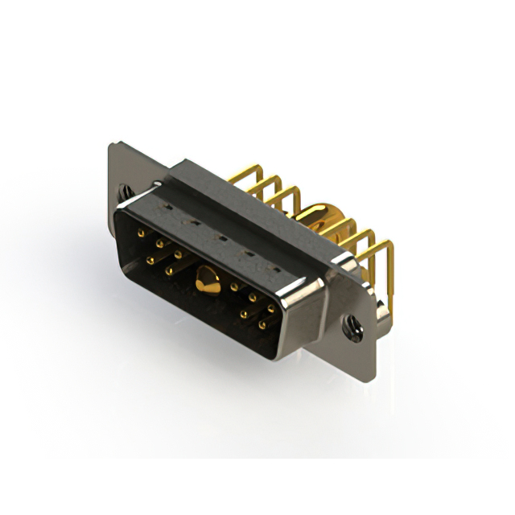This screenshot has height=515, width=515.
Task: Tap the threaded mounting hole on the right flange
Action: point(352,326)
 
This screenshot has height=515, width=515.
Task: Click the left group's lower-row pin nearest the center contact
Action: point(170,270)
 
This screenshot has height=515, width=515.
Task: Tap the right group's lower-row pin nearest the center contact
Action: point(244,315)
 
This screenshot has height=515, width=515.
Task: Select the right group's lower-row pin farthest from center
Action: point(262,326)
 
